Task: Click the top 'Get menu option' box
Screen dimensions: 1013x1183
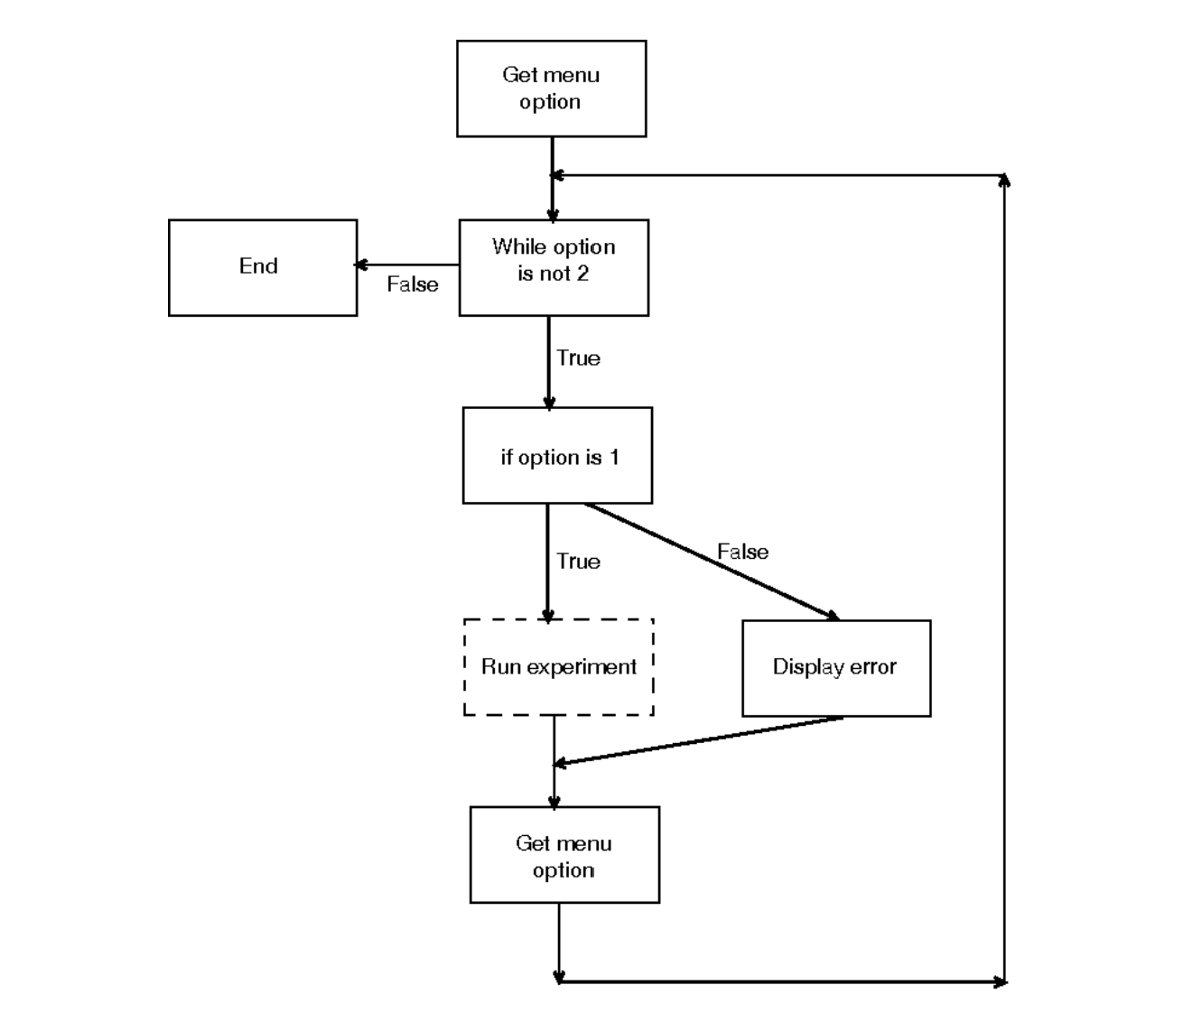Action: point(551,88)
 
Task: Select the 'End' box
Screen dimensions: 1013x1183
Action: point(263,267)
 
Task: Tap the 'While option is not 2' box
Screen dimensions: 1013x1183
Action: point(554,267)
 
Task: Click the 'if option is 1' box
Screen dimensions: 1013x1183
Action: point(557,455)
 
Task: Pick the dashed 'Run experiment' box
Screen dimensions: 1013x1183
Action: point(558,666)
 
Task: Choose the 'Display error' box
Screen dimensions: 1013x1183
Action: point(836,668)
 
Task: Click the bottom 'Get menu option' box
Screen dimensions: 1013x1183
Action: point(564,854)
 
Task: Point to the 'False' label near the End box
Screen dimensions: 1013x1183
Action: point(413,284)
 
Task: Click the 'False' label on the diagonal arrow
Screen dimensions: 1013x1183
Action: point(742,552)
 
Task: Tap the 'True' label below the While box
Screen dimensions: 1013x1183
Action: point(578,358)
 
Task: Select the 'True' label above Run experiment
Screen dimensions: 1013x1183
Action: point(578,562)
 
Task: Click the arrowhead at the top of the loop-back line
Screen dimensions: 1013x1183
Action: point(1004,180)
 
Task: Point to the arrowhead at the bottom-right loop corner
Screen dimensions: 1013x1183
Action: point(1000,981)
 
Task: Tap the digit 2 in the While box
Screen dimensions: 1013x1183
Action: point(582,274)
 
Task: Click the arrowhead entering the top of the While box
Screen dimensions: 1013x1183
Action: point(552,215)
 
